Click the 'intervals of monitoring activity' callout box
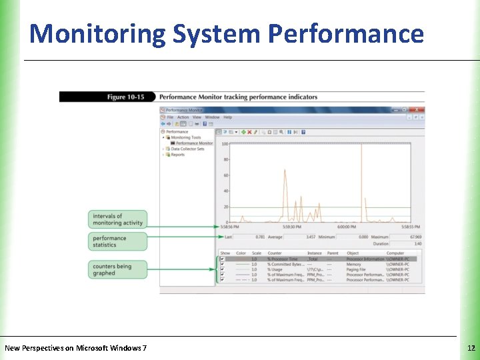(117, 219)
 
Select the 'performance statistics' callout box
(117, 241)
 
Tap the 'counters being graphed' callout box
(117, 269)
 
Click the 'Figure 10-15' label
(125, 97)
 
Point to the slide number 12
(471, 348)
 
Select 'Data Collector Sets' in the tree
(187, 149)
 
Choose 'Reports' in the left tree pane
(177, 155)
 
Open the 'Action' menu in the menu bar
(183, 117)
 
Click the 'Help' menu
(228, 117)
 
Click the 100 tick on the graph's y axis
(225, 144)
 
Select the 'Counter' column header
(275, 253)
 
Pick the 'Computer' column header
(395, 253)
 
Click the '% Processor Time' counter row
(283, 259)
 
